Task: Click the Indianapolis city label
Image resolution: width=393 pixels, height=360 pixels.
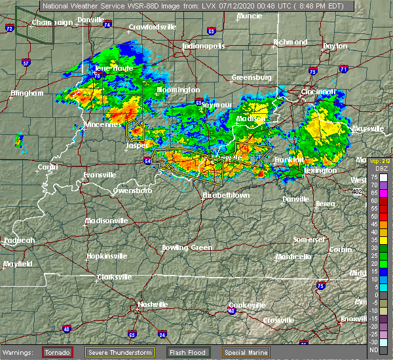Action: pyautogui.click(x=203, y=46)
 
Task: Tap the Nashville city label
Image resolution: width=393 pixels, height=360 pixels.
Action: pyautogui.click(x=152, y=304)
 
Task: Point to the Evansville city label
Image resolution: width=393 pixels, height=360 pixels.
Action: pyautogui.click(x=99, y=175)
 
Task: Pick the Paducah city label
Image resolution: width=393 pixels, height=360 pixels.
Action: pyautogui.click(x=19, y=240)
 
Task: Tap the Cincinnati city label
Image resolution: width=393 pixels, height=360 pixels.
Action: pyautogui.click(x=318, y=92)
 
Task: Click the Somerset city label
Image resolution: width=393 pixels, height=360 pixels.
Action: pyautogui.click(x=307, y=240)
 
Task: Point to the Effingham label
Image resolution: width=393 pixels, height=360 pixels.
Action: pyautogui.click(x=27, y=93)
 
